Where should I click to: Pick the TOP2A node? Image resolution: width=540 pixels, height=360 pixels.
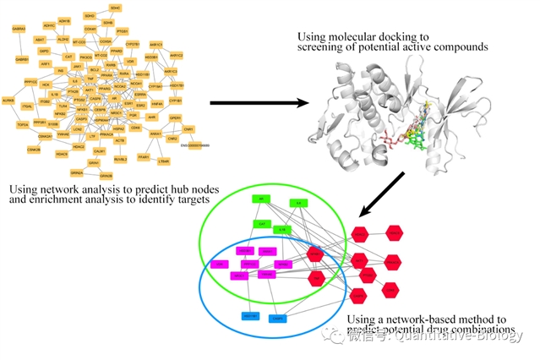tap(24, 124)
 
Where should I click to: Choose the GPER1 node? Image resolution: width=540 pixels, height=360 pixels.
tap(175, 118)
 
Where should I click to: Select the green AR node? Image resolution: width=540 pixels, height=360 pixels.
tap(261, 199)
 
